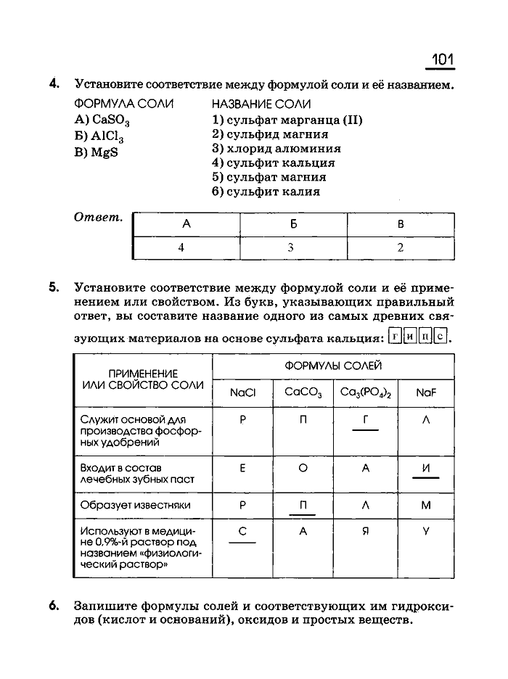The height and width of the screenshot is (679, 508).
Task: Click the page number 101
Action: pos(442,58)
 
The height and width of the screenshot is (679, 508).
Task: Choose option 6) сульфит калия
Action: pos(266,192)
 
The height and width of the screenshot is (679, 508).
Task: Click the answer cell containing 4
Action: pos(181,247)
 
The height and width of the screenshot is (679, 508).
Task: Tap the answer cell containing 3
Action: pos(290,247)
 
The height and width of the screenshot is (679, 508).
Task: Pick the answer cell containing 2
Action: pos(400,247)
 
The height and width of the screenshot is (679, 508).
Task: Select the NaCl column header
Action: pos(242,392)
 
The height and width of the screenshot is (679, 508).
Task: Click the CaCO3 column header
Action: pos(303,392)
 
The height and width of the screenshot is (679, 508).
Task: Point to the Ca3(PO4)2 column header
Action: pos(366,392)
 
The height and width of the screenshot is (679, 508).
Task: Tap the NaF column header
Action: pos(426,392)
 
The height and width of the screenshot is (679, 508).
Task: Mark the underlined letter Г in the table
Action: pos(366,419)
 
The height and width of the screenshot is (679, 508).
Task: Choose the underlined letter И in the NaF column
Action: pos(426,468)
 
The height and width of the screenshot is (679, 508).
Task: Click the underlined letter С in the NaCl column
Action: pos(242,531)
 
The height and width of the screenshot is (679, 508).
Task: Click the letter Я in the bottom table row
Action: pos(366,531)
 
